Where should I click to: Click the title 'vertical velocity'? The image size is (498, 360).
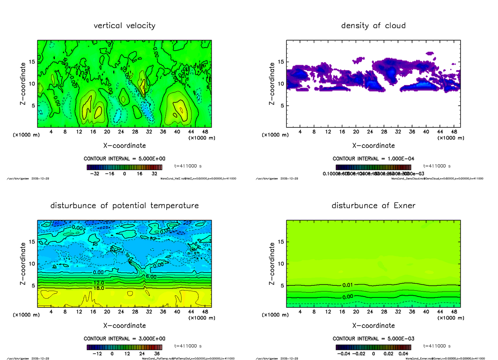pos(124,26)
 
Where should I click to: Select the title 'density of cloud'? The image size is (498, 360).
pos(373,26)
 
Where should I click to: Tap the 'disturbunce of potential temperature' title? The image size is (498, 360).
pos(124,206)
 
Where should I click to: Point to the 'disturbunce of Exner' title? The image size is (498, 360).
pos(373,206)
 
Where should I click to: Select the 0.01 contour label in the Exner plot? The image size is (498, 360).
pos(348,285)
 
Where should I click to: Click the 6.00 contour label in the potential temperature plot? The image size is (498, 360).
pos(151,277)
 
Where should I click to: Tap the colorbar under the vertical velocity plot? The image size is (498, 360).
pos(124,167)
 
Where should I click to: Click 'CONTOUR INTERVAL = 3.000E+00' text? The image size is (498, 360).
pos(124,338)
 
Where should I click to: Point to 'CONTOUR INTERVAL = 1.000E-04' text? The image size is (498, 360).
pos(373,158)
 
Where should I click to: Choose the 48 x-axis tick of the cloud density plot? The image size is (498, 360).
pos(454,132)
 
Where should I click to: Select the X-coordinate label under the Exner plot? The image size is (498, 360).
pos(373,326)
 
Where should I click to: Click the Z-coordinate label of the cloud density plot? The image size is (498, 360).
pos(273,84)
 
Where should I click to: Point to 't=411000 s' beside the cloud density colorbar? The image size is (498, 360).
pos(437,165)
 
